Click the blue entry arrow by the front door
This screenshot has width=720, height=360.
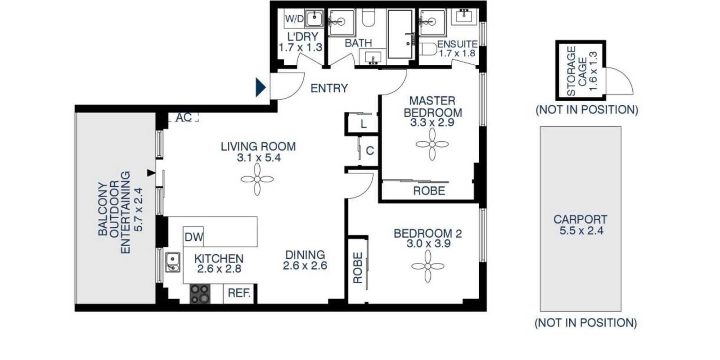pos(261,87)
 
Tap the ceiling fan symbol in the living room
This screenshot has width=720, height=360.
pos(257,180)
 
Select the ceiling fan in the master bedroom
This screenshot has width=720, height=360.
pos(432,144)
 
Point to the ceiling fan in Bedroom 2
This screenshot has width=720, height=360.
pos(428,266)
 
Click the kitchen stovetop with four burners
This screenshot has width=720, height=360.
pos(200,294)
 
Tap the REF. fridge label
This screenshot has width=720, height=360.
pos(239,293)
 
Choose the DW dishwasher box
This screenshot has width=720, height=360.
pos(193,237)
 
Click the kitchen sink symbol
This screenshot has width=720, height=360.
pos(173,262)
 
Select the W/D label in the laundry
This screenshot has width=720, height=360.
pos(294,18)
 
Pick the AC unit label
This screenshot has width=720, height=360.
pos(184,117)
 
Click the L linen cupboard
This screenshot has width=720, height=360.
pos(364,124)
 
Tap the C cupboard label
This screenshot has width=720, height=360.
pos(370,150)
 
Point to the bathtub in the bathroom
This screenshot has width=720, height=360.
pos(400,34)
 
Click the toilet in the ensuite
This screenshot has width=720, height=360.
pos(427,49)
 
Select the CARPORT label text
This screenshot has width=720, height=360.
pos(580,219)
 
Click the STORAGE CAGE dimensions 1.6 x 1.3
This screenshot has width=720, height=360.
pos(593,71)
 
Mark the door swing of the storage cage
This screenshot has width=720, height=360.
pos(624,76)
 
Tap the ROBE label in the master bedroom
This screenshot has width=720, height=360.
pos(429,191)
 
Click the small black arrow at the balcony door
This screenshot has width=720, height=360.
pos(151,173)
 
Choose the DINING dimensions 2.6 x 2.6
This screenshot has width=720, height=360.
pos(305,265)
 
